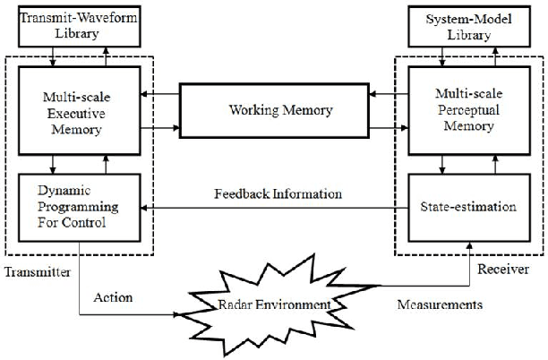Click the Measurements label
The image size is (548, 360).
click(440, 304)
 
